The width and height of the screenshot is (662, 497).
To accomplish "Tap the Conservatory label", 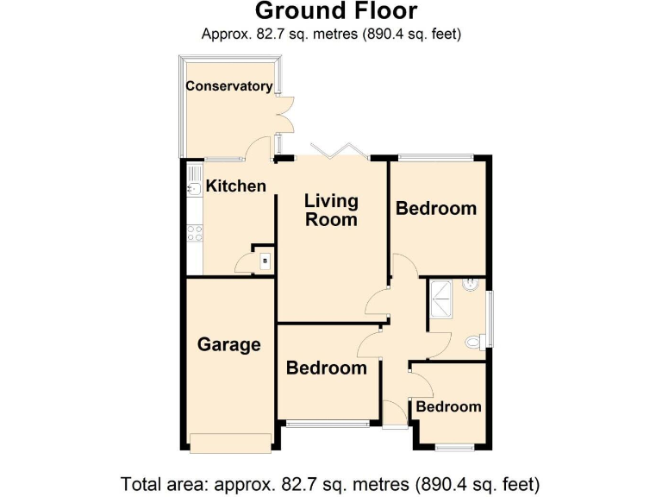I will tap(229, 86).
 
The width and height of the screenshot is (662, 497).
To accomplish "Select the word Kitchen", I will tap(235, 186).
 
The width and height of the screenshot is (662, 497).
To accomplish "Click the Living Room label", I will tap(331, 210).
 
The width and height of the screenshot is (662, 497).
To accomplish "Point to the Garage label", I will tap(228, 345).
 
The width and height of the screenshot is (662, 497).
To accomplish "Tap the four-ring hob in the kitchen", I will tap(194, 231).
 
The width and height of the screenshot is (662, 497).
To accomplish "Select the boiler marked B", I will tap(265, 261).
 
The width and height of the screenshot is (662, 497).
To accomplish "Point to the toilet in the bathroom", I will tap(473, 343).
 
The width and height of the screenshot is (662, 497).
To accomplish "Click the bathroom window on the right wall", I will tap(489, 320).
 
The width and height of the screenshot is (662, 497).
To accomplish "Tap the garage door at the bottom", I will tap(229, 443).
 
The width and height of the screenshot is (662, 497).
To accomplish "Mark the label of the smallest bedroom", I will tap(448, 407).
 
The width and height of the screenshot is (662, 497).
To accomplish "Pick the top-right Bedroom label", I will tap(435, 209).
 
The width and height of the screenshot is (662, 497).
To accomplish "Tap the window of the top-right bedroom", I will tap(435, 157).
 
